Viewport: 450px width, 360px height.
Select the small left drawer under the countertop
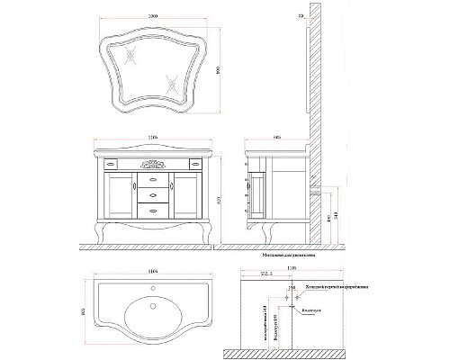tap(112, 165)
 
